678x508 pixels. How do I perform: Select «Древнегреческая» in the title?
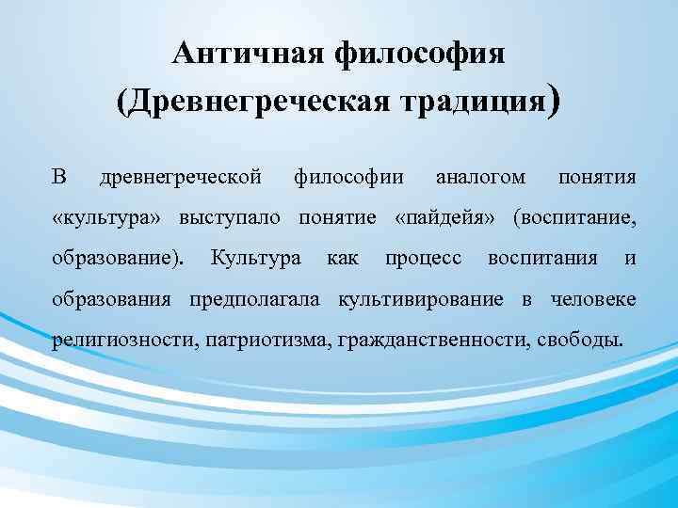point(266,100)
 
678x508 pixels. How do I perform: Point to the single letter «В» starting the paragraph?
point(59,177)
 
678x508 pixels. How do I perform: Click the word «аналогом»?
point(480,177)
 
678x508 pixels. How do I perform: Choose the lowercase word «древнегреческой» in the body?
point(180,177)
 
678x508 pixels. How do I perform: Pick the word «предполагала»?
point(254,299)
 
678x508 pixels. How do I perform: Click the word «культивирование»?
point(425,299)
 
